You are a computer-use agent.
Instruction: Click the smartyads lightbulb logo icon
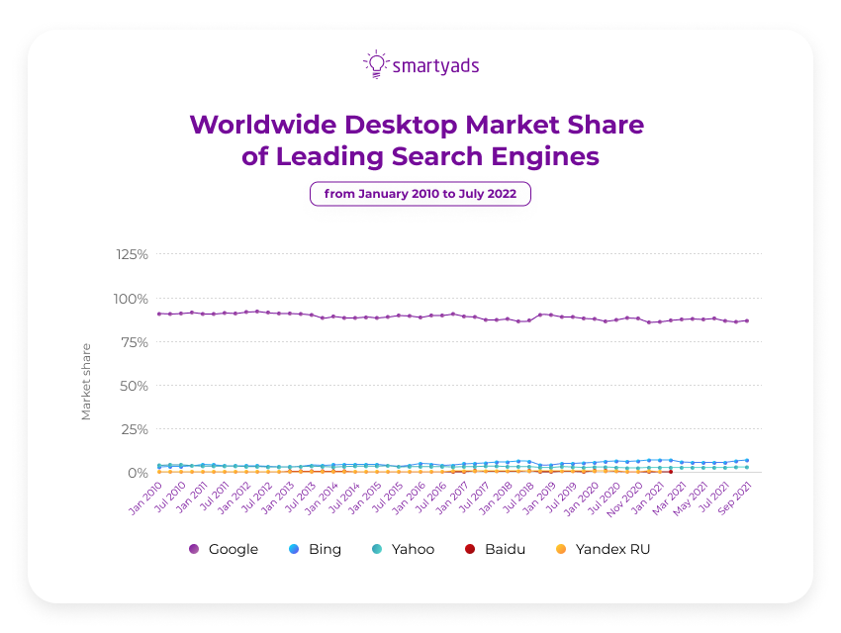click(375, 64)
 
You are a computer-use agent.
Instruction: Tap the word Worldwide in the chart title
click(261, 125)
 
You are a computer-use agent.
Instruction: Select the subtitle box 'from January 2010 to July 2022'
click(420, 194)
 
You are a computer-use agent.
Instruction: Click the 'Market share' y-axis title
click(86, 382)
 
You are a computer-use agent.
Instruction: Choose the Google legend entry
click(224, 549)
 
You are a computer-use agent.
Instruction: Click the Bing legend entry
click(315, 549)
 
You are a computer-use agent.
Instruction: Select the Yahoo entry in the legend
click(402, 549)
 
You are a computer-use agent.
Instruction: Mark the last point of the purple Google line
click(746, 320)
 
